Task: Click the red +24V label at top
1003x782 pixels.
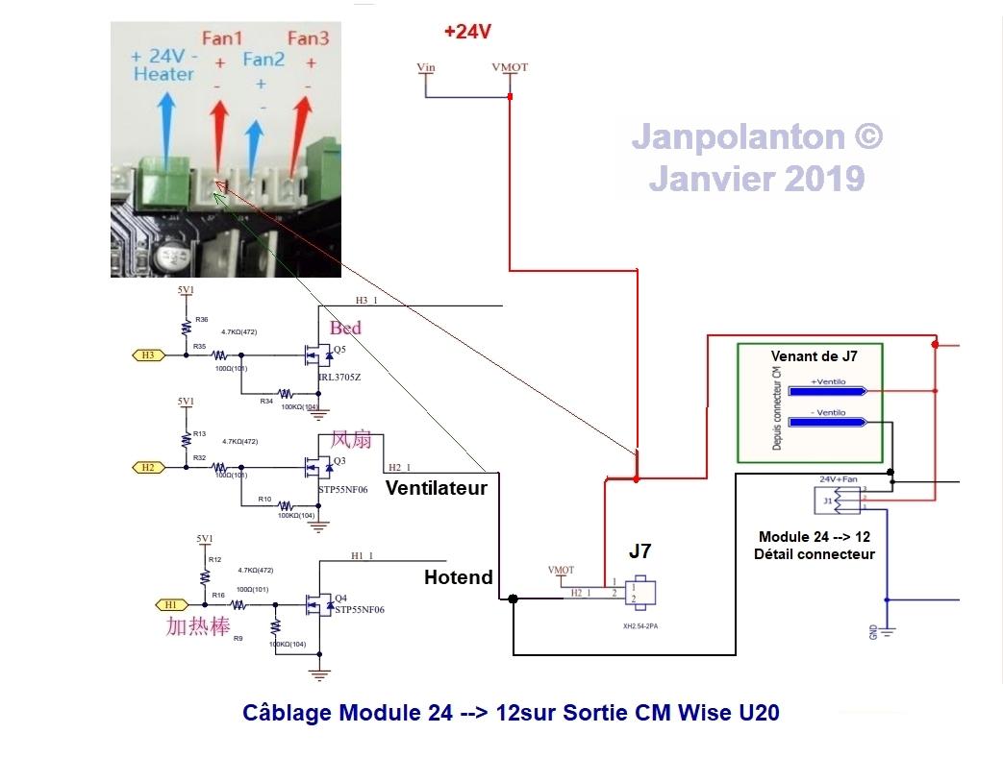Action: (x=467, y=32)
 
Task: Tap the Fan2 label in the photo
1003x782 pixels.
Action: (x=263, y=60)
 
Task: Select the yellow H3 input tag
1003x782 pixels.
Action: (x=147, y=354)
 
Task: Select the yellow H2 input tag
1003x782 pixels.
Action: (x=147, y=467)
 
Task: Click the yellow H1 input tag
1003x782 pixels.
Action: (x=170, y=604)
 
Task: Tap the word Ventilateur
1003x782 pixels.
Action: (x=436, y=488)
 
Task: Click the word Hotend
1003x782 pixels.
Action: (x=458, y=577)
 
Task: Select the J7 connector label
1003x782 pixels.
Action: (x=639, y=551)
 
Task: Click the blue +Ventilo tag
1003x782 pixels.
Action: (x=827, y=391)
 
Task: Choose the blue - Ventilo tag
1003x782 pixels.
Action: (x=827, y=422)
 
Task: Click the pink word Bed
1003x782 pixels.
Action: (x=345, y=329)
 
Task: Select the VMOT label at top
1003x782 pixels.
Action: (x=509, y=67)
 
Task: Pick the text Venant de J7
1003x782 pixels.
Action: (x=814, y=356)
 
